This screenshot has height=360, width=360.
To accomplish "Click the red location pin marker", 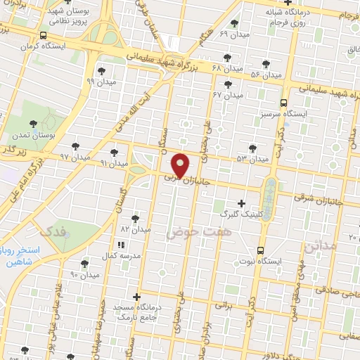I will click(181, 165).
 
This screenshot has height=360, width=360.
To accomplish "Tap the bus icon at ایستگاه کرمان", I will click(44, 35).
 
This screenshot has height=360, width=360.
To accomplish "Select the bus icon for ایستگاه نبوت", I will click(261, 250).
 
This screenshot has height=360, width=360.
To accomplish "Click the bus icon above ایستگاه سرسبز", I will click(283, 101).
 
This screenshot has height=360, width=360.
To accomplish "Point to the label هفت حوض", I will click(193, 231).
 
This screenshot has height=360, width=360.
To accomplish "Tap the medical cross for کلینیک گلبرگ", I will click(241, 203).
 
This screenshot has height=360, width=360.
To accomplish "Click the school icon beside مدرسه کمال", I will click(120, 245).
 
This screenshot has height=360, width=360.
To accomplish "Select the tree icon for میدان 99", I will click(102, 70).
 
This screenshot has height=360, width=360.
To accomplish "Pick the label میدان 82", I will click(136, 229).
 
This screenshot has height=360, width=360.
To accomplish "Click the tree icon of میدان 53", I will click(253, 148).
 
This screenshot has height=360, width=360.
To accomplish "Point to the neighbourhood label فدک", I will click(55, 231).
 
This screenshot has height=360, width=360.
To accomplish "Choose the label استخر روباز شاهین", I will click(22, 257).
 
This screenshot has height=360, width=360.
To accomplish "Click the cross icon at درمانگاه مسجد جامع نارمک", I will click(136, 297).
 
